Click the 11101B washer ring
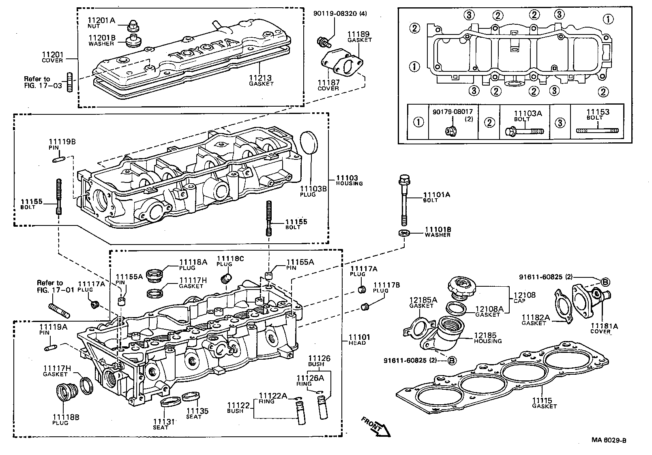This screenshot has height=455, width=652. [x=404, y=233]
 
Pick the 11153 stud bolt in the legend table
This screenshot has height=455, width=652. [x=597, y=131]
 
